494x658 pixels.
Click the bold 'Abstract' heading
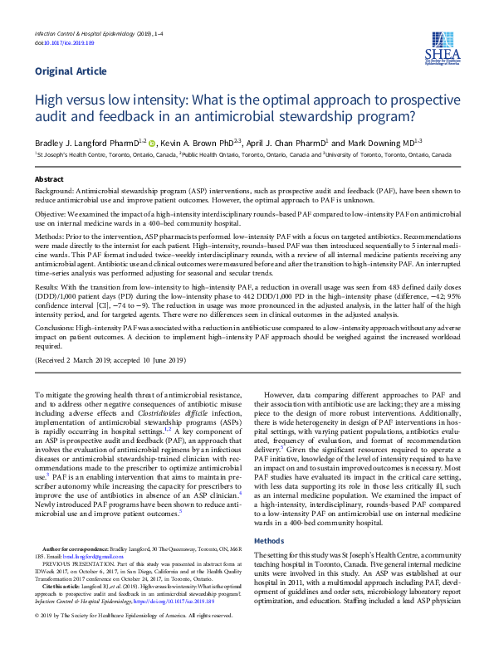click(x=48, y=179)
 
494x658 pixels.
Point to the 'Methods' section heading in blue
click(x=268, y=540)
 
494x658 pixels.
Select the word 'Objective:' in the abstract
click(x=51, y=214)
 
